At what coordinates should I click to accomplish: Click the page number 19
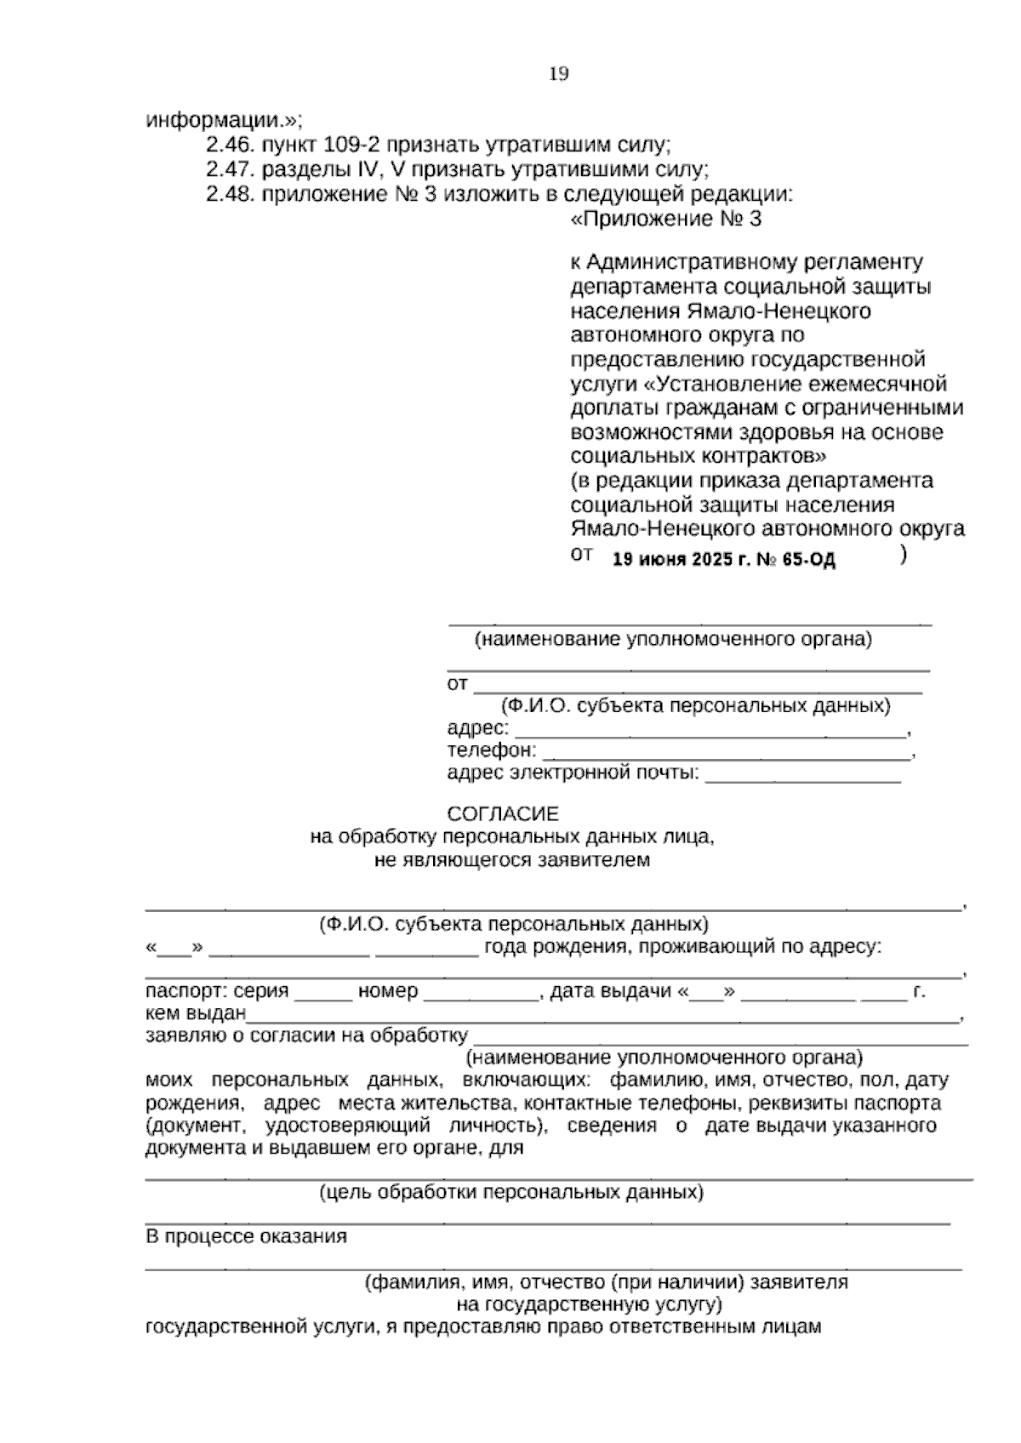[559, 75]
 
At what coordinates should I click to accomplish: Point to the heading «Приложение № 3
[666, 220]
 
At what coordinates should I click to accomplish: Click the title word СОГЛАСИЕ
[504, 814]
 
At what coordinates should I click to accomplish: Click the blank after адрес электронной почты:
[802, 775]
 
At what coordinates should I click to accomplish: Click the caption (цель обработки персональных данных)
[511, 1193]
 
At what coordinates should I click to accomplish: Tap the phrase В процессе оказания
[246, 1236]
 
